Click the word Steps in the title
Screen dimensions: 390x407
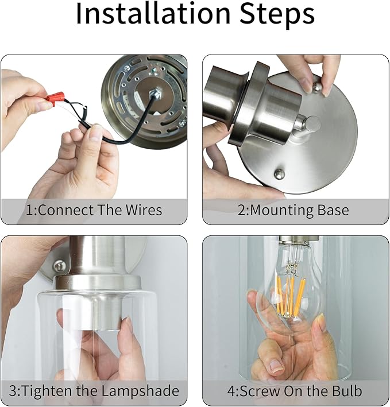(x=277, y=14)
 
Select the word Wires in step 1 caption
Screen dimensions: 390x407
(x=144, y=210)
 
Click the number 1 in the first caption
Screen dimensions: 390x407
(x=30, y=210)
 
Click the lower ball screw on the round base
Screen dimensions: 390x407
(x=279, y=173)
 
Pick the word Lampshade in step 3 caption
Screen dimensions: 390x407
(x=140, y=392)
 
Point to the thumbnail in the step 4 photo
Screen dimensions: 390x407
(x=277, y=366)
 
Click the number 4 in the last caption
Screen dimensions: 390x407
(x=231, y=392)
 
